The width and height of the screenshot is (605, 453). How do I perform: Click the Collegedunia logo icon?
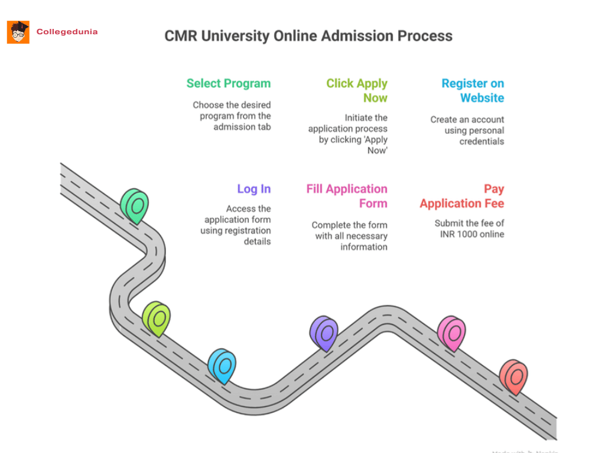[x=18, y=32]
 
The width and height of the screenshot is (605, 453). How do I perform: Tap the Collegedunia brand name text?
[x=67, y=32]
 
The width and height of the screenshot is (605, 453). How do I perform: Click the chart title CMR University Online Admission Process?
[x=308, y=36]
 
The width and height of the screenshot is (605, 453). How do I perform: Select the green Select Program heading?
[x=228, y=83]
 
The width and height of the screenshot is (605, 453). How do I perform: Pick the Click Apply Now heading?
[x=357, y=90]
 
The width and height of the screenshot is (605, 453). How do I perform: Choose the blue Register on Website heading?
[x=473, y=90]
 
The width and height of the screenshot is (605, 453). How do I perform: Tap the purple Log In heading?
[x=253, y=189]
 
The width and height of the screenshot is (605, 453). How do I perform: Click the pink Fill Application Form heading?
[x=347, y=196]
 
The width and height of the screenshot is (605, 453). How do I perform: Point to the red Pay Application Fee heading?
[x=462, y=196]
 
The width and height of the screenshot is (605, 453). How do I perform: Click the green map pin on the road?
[x=135, y=206]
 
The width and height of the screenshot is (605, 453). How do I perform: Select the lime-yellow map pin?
[x=156, y=319]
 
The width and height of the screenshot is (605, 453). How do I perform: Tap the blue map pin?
[x=222, y=365]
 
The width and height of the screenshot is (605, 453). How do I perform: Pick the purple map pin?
[x=324, y=333]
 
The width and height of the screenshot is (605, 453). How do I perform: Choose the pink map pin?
[x=451, y=333]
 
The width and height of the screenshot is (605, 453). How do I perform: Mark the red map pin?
[x=513, y=376]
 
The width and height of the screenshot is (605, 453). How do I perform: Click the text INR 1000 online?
[x=472, y=234]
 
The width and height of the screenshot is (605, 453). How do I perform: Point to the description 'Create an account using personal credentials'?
[x=467, y=130]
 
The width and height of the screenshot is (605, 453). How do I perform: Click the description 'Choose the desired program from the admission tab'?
[x=232, y=116]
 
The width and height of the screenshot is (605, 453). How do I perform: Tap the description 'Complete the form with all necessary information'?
[x=350, y=236]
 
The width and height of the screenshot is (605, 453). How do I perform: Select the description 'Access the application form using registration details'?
[x=236, y=225]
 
